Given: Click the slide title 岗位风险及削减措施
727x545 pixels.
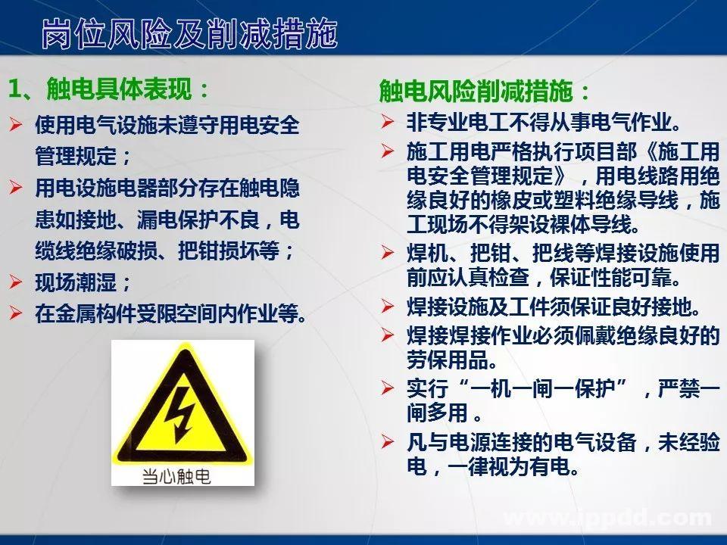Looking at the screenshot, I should point(189,34).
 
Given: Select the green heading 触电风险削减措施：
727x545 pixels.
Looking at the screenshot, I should point(485,92).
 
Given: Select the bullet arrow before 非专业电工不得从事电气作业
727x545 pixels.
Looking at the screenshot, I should point(387,121).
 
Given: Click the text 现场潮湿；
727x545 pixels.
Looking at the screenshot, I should point(83,284).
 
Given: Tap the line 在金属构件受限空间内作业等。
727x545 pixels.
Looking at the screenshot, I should point(171,313).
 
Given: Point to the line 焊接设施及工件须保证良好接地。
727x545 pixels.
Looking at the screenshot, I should point(554,307).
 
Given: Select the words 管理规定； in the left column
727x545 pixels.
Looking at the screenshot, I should point(83,157).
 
